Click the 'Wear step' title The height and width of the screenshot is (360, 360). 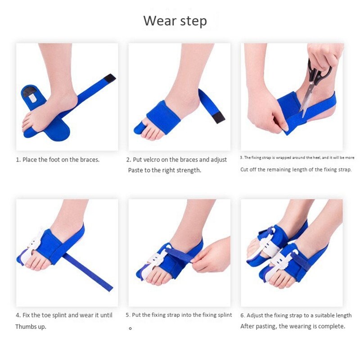click(175, 21)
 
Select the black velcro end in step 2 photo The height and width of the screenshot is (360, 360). click(219, 118)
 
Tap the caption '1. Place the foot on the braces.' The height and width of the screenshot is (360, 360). click(58, 159)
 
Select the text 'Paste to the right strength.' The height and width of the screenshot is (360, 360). click(165, 170)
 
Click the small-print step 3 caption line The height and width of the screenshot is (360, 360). click(297, 157)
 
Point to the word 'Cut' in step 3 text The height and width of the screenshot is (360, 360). click(244, 170)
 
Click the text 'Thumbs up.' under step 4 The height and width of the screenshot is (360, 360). click(31, 326)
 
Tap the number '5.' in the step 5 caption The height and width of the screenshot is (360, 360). click(128, 315)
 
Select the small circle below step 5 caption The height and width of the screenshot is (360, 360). click(130, 328)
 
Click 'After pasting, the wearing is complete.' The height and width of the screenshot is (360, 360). click(292, 326)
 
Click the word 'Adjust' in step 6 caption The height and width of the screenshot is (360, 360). click(256, 315)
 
